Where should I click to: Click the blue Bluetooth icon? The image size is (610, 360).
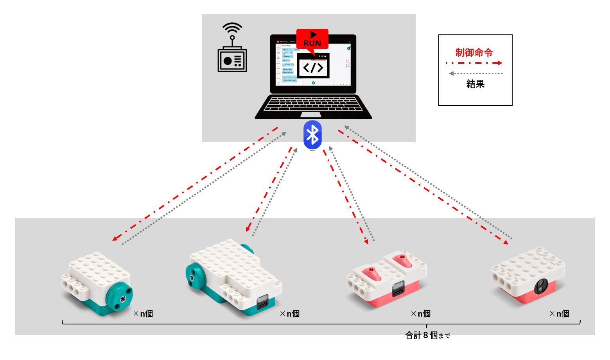312,135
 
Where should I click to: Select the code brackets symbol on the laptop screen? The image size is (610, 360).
313,68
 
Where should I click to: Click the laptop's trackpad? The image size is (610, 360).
311,115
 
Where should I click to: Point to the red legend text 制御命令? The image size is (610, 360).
474,53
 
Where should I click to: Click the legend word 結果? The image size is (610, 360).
475,84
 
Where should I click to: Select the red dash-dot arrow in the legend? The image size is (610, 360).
474,63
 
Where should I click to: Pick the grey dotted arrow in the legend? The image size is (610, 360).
475,73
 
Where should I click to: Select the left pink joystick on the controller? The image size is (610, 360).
371,272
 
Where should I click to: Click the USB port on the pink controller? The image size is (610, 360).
398,290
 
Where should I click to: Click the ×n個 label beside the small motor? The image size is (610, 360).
143,314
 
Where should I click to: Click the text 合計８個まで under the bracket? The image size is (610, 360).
428,335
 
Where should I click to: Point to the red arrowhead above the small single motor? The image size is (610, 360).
115,238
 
